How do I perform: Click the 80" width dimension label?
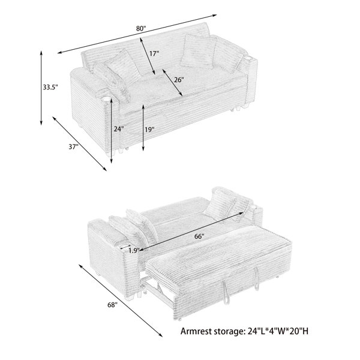pos(141,29)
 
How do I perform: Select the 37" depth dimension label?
pos(73,146)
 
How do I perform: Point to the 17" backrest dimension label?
pos(154,53)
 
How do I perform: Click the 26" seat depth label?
pos(179,80)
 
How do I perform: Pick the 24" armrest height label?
pos(119,129)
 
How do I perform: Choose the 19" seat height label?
pos(149,130)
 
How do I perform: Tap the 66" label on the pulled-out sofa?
pos(199,236)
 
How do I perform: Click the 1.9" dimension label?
pos(134,250)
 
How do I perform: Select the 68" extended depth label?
pos(113,305)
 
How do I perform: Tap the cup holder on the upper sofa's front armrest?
pos(107,99)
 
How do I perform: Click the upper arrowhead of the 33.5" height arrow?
pos(41,52)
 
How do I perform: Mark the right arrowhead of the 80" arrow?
pos(215,16)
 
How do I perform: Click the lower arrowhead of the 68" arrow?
pos(160,335)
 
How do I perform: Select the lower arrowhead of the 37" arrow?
pos(104,169)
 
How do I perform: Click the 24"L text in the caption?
pos(257,331)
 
